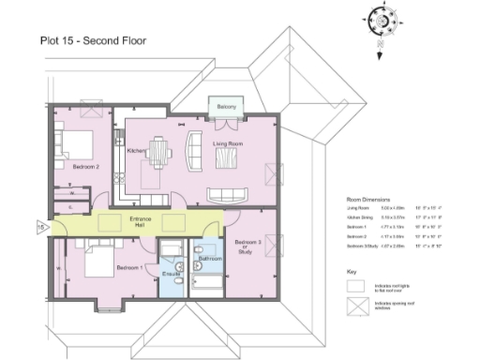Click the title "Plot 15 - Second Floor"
tap(92, 40)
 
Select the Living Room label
tap(229, 143)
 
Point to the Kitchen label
tap(135, 150)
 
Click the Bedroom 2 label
tap(85, 167)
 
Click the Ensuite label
tap(171, 274)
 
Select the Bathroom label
tap(210, 258)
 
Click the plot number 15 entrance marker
tap(40, 226)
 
